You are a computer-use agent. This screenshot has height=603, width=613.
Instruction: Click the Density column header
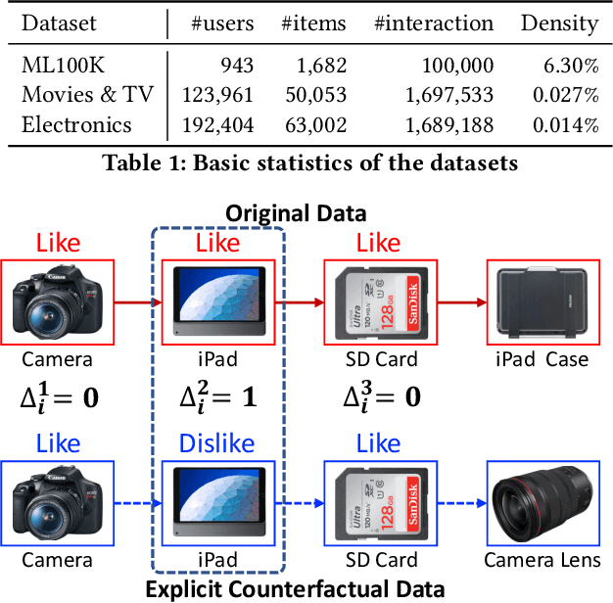[x=559, y=23]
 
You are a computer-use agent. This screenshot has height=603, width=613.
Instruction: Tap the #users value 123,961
[x=217, y=95]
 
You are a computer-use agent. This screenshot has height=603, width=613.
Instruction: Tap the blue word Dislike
[x=217, y=444]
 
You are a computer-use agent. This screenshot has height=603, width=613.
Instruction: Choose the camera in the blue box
[x=59, y=503]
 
